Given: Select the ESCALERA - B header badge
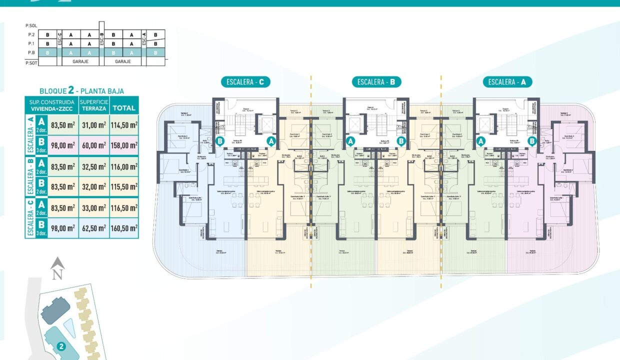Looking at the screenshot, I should click(x=376, y=82).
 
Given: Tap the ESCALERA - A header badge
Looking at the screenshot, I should click(x=507, y=82).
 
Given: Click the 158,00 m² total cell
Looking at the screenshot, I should click(x=124, y=145).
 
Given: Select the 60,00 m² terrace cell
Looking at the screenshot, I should click(x=93, y=145).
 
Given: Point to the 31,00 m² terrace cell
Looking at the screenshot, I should click(x=93, y=125).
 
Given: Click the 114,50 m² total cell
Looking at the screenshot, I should click(x=124, y=125).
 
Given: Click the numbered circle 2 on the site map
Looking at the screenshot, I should click(x=61, y=345).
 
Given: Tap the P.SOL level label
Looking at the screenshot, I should click(x=31, y=25).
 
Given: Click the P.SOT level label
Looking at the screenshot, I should click(x=31, y=62).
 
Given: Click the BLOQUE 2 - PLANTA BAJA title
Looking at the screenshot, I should click(x=82, y=91).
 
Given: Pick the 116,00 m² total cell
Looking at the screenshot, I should click(x=124, y=166).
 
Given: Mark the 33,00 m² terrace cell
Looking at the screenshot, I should click(x=93, y=207).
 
